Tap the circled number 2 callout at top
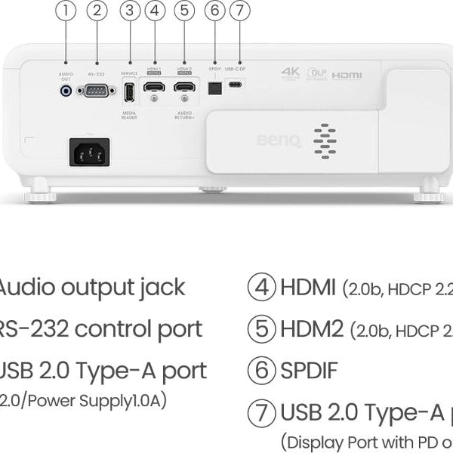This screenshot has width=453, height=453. [97, 11]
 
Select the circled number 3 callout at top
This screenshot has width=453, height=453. [131, 11]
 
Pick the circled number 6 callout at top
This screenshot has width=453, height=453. [215, 11]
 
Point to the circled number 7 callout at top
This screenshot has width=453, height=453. [239, 11]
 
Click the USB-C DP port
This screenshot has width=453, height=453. [236, 85]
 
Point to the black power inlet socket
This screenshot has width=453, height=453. [90, 152]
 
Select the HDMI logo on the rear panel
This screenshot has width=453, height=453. [347, 75]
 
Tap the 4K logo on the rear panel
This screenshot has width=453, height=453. [291, 72]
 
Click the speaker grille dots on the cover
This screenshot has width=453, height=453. [325, 140]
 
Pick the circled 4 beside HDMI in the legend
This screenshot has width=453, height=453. [261, 288]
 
